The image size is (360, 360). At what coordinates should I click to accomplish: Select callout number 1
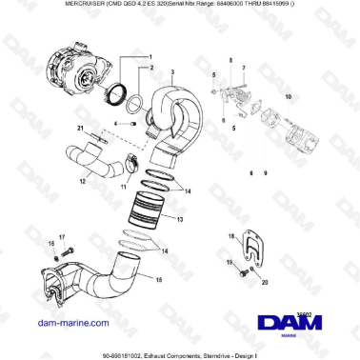point(149,57)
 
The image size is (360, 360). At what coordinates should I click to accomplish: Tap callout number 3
point(172,73)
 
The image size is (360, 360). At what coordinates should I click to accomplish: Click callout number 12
point(84,182)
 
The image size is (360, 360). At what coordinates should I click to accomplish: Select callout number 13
point(181,219)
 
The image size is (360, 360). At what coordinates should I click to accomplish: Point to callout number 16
point(51,245)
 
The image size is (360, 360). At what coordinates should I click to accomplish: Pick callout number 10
point(289,97)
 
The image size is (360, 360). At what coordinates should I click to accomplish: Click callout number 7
point(244,69)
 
